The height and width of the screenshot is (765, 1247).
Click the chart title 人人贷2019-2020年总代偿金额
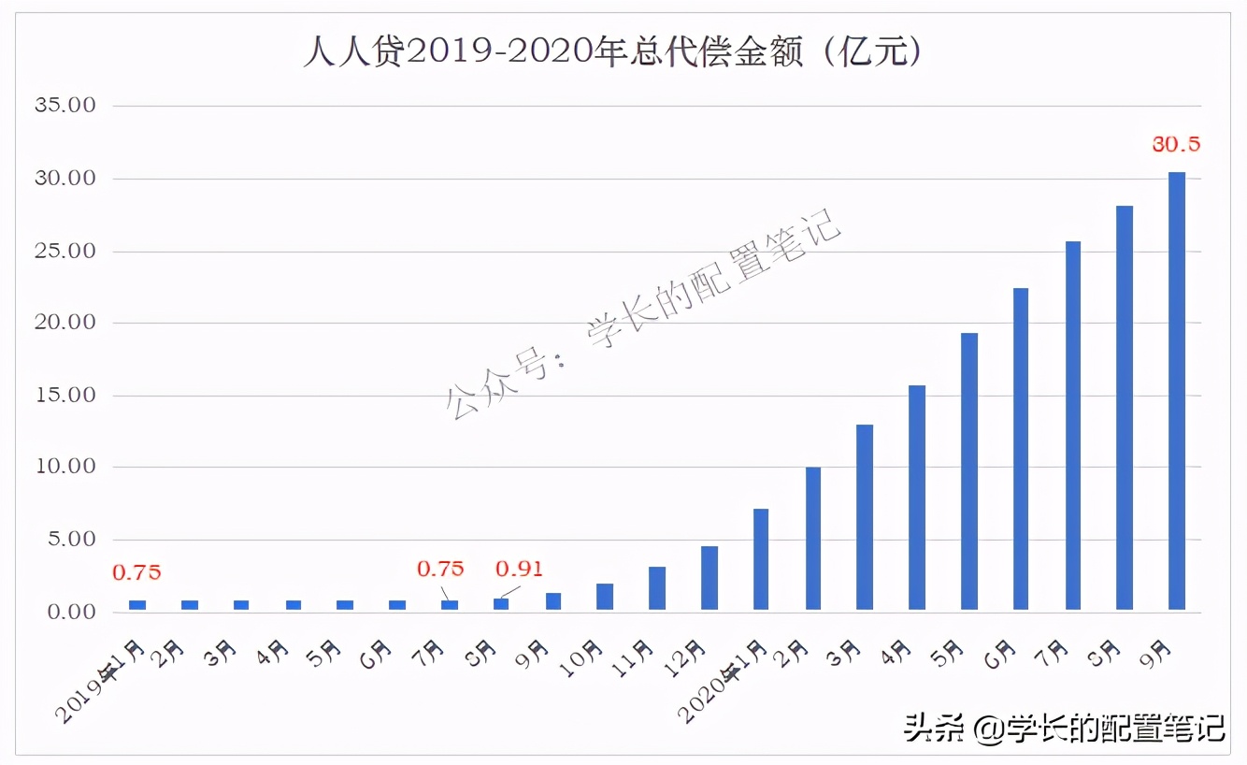click(x=612, y=52)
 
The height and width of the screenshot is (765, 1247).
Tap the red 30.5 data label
click(x=1175, y=144)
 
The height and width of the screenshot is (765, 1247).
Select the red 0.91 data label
click(x=519, y=569)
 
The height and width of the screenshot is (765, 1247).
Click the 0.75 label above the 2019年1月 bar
click(x=136, y=572)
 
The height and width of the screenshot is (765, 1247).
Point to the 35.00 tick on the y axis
click(x=64, y=106)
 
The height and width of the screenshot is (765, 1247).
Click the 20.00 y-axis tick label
click(x=64, y=323)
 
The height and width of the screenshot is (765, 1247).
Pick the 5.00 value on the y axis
click(x=70, y=540)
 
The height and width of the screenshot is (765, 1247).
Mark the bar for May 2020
click(x=969, y=471)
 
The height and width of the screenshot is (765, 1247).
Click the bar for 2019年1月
click(x=137, y=605)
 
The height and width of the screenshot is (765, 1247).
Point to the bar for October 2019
click(x=605, y=597)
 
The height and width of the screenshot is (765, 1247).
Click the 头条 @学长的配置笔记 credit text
click(x=1063, y=728)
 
